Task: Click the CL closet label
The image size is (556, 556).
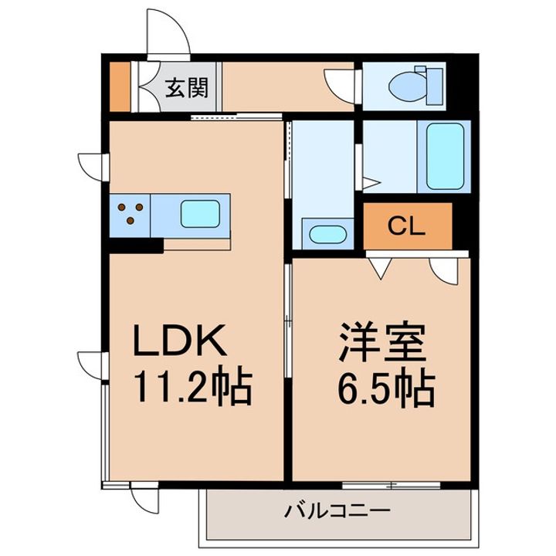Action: point(406,225)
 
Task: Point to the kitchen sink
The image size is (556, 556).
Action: point(199,212)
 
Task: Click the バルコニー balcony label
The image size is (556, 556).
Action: point(337,510)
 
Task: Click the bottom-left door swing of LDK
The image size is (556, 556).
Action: point(144,499)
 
